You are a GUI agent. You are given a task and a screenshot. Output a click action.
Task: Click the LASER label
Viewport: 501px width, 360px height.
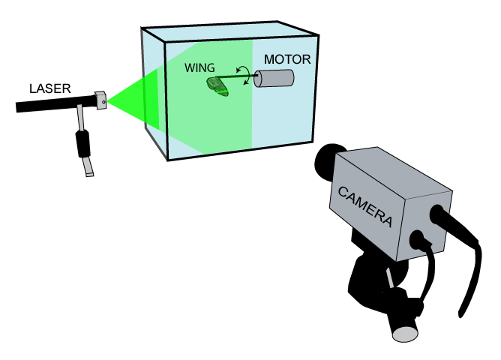tap(49, 88)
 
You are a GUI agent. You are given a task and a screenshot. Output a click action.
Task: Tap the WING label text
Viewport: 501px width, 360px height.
tap(199, 67)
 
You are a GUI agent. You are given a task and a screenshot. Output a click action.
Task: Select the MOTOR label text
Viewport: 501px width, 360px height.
tap(287, 59)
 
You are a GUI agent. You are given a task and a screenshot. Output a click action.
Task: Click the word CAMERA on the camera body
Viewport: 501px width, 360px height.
tap(365, 206)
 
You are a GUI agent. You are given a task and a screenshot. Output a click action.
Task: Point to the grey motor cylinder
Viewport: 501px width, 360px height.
tap(274, 78)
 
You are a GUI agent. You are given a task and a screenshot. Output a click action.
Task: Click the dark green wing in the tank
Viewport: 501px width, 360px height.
tap(217, 87)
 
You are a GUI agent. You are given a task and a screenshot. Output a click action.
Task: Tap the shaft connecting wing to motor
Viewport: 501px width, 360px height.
tap(236, 76)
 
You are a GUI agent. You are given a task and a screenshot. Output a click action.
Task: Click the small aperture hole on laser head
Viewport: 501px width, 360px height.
tap(103, 102)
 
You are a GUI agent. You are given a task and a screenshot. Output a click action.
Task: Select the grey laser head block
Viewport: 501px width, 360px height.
tap(100, 100)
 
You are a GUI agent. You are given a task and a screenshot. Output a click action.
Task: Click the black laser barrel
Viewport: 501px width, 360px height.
tap(56, 103)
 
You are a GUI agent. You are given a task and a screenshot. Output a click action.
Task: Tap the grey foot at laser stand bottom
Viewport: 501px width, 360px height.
tap(88, 166)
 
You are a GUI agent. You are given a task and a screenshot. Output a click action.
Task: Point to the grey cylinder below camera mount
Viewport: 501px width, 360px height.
tap(404, 329)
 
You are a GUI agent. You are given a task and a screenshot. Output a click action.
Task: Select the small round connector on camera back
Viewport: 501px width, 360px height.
tap(417, 240)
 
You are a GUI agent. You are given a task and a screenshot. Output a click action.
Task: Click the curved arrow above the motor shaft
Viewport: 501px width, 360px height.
tap(243, 70)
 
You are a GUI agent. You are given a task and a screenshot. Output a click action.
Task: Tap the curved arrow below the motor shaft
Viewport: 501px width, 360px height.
tap(247, 80)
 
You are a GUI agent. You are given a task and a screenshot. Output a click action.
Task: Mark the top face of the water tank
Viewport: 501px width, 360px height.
tap(230, 31)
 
